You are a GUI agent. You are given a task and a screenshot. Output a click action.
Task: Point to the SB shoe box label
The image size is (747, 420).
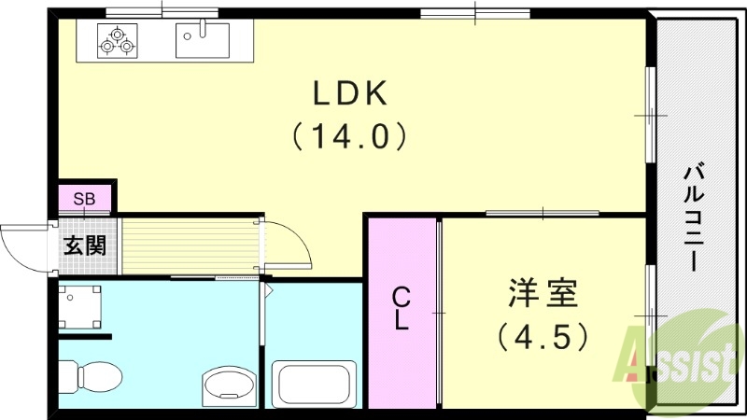pyautogui.click(x=84, y=199)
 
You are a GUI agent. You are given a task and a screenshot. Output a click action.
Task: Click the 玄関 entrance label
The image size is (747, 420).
pyautogui.click(x=84, y=246)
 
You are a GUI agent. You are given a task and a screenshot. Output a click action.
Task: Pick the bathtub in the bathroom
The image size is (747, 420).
pyautogui.click(x=314, y=384)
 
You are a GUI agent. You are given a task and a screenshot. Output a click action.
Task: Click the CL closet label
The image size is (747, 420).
pyautogui.click(x=401, y=309)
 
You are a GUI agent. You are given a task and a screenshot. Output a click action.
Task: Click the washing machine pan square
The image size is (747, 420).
pyautogui.click(x=80, y=306)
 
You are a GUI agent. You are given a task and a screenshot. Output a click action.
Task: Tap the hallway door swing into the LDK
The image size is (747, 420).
pyautogui.click(x=285, y=245)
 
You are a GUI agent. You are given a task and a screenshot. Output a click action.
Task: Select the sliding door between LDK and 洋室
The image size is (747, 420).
pyautogui.click(x=542, y=214)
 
